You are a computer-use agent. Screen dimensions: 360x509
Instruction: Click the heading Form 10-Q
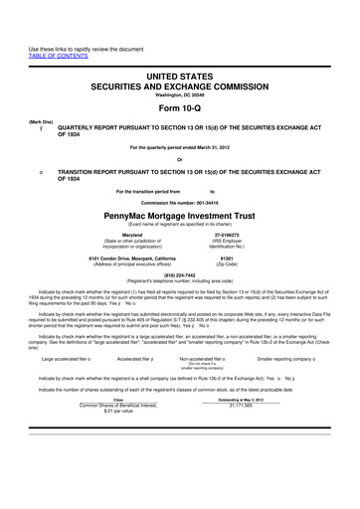pos(180,109)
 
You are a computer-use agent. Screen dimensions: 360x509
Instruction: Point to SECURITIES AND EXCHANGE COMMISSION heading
pos(180,86)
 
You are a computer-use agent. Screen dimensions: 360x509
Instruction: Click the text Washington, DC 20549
pos(180,96)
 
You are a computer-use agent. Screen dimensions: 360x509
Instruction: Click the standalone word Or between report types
pos(180,163)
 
